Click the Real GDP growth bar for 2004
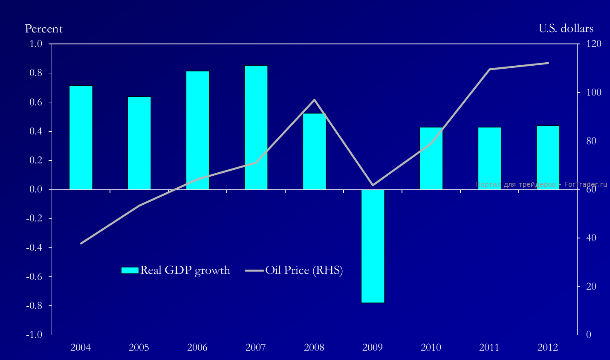[x=81, y=137]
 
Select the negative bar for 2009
[x=373, y=246]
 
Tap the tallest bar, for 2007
[x=256, y=127]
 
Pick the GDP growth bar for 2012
[x=548, y=157]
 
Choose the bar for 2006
[x=197, y=130]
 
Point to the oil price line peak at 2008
[x=314, y=100]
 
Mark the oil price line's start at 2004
[x=81, y=243]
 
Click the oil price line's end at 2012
[x=548, y=63]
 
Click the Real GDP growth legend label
[x=185, y=270]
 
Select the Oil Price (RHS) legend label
[x=304, y=270]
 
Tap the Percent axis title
[x=43, y=29]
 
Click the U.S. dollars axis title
[x=566, y=29]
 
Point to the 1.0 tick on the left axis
[x=36, y=44]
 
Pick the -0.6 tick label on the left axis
[x=35, y=277]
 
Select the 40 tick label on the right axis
[x=591, y=238]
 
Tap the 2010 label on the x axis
[x=431, y=347]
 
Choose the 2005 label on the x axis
[x=139, y=347]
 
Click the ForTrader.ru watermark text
[x=541, y=185]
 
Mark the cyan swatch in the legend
[x=130, y=270]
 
